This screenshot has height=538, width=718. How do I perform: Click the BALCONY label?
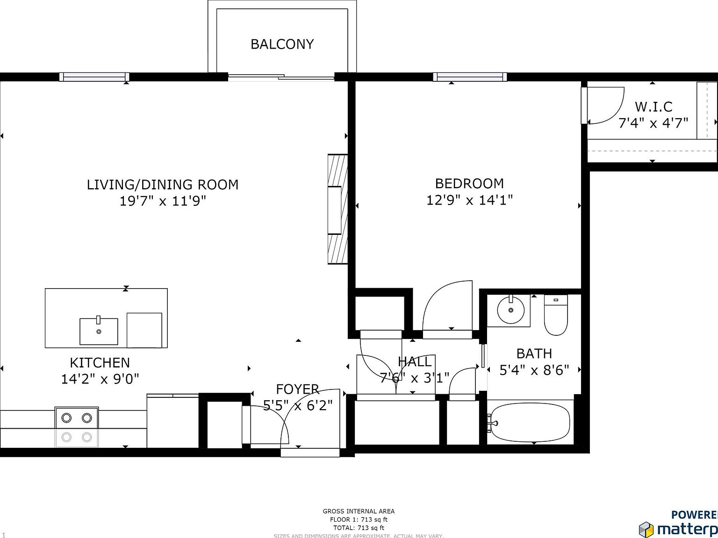click(x=282, y=44)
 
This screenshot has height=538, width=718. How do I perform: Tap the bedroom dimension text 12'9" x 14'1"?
click(x=469, y=200)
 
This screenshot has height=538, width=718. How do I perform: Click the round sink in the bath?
click(x=510, y=310)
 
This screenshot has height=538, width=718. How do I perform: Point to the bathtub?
click(x=530, y=423)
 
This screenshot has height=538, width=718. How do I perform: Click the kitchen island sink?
click(x=99, y=331)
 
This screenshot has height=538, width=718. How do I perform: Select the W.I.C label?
click(x=653, y=107)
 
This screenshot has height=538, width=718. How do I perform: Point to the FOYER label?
click(x=297, y=389)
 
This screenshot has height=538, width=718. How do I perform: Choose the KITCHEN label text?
click(x=100, y=362)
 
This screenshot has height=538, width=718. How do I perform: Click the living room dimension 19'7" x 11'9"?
click(x=163, y=201)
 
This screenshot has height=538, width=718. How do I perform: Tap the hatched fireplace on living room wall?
click(x=337, y=209)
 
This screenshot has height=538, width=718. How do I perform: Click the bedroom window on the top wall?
click(x=469, y=77)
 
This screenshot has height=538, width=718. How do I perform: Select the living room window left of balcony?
click(x=94, y=77)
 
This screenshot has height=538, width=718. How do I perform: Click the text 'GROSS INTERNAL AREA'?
click(x=359, y=511)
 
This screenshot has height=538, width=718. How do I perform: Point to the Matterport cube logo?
click(x=646, y=530)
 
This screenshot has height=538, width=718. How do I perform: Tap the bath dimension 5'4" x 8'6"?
click(x=534, y=370)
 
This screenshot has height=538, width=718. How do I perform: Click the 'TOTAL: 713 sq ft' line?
click(x=359, y=528)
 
